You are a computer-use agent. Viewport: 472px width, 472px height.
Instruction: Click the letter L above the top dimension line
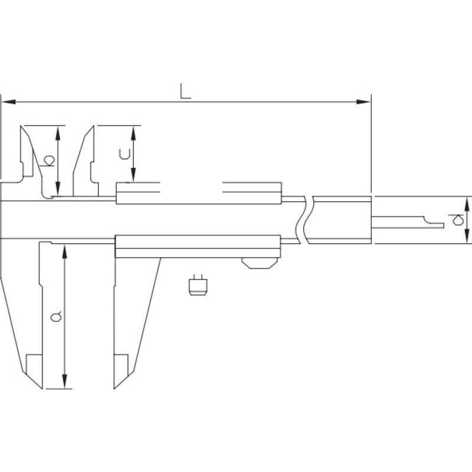pyautogui.click(x=185, y=91)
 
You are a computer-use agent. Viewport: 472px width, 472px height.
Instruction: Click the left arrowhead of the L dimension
pyautogui.click(x=9, y=101)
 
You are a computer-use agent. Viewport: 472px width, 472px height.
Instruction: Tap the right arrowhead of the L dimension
pyautogui.click(x=363, y=101)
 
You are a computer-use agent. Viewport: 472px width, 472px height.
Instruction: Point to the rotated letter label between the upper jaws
pyautogui.click(x=48, y=160)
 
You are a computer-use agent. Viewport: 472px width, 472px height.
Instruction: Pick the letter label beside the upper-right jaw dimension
pyautogui.click(x=124, y=154)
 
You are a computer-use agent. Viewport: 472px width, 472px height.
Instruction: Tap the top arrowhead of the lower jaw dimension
pyautogui.click(x=64, y=252)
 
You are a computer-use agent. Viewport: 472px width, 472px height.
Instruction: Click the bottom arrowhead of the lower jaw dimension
pyautogui.click(x=64, y=381)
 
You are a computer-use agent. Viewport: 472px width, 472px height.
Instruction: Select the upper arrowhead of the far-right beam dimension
pyautogui.click(x=467, y=204)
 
